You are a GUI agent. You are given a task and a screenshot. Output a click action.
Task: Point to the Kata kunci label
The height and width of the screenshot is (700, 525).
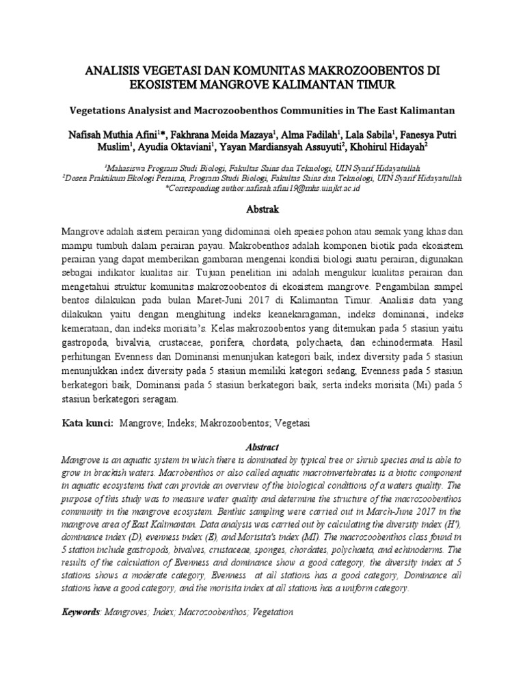click(x=87, y=423)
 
